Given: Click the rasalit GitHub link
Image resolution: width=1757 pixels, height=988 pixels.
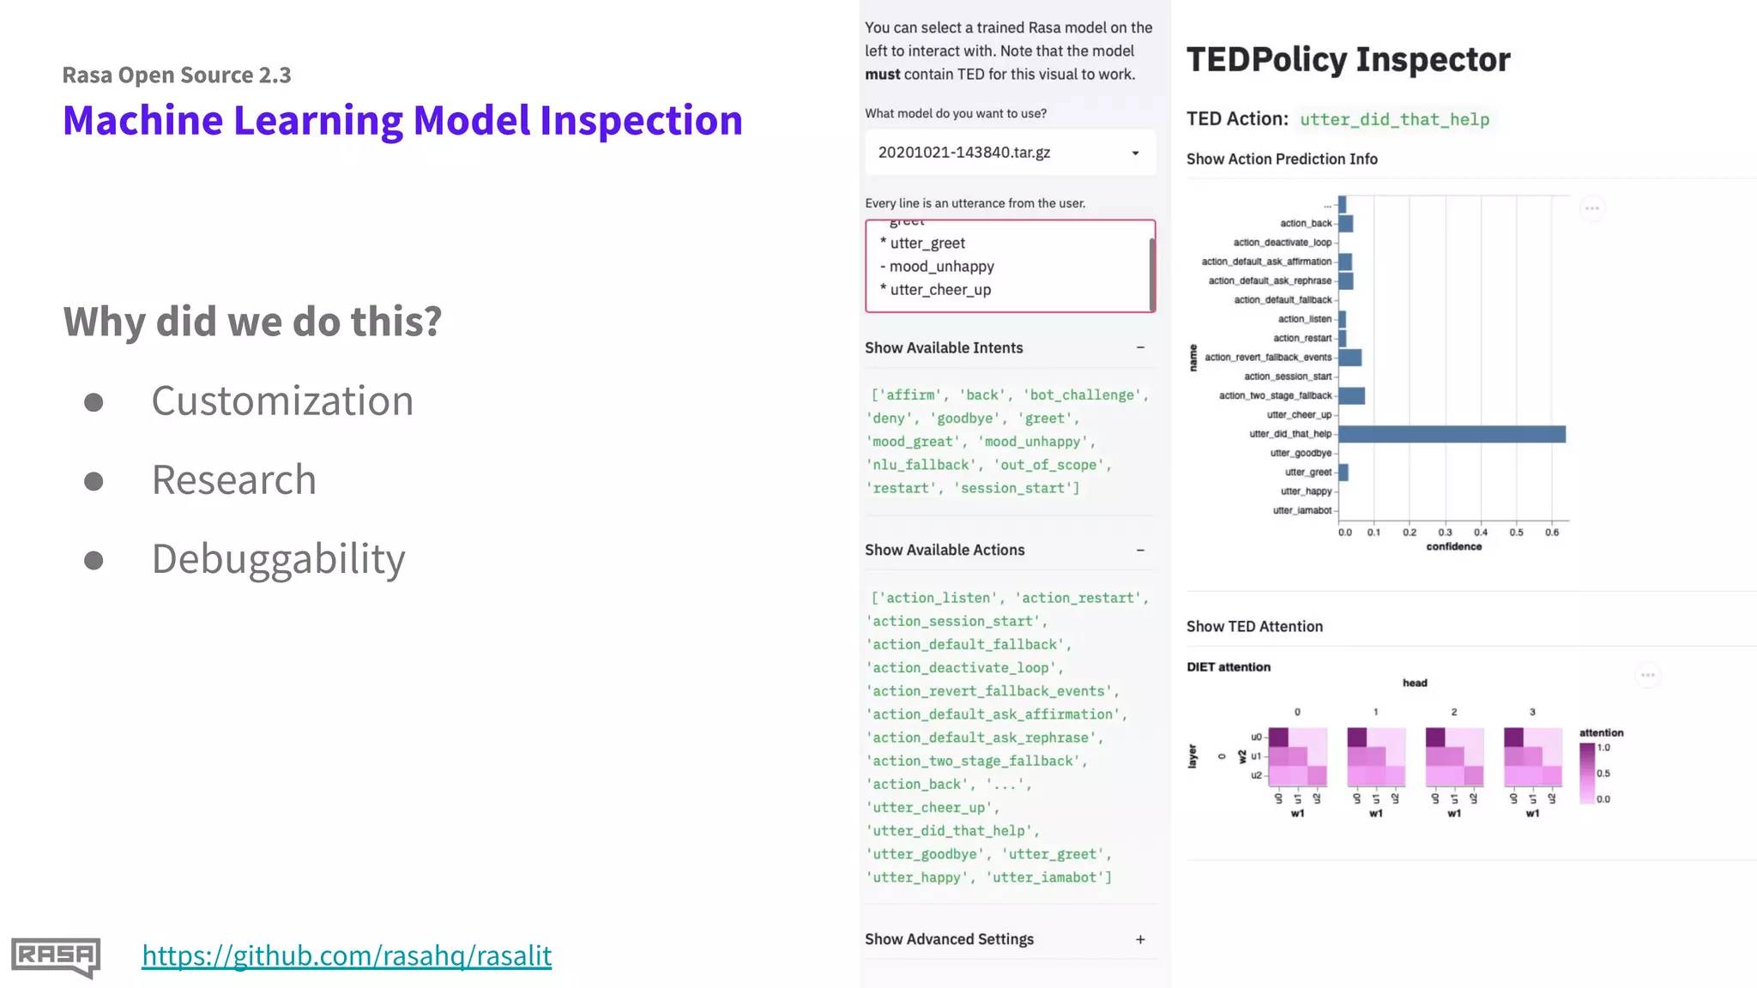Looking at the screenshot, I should pos(347,955).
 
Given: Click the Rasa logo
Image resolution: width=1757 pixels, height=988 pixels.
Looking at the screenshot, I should pos(56,956).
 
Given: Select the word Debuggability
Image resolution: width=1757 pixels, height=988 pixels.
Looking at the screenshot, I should pos(278,559).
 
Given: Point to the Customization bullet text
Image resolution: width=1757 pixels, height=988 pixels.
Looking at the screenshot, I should pos(282,401).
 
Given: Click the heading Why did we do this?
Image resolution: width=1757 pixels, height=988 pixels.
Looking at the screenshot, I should pos(252,322).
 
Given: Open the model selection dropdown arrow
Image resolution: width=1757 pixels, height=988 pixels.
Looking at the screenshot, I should pos(1135,154).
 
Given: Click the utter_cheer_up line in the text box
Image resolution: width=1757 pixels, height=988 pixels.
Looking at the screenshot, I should pos(939,290).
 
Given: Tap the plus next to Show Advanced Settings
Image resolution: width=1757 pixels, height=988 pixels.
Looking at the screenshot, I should pos(1140,940).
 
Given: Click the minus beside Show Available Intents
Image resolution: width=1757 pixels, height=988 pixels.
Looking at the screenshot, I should pos(1140,348).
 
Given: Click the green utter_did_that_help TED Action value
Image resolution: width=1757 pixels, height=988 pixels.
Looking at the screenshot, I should pos(1394,120).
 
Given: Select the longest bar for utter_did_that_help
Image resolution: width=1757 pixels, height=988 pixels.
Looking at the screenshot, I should pos(1452,434).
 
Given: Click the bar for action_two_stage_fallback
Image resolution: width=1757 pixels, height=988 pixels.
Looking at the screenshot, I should pos(1351,396).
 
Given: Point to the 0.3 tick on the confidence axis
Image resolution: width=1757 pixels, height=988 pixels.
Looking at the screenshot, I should pos(1445,533).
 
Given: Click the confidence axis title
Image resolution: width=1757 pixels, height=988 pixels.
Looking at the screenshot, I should pos(1453,547).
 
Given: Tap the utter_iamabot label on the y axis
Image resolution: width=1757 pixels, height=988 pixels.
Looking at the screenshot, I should pos(1301,510).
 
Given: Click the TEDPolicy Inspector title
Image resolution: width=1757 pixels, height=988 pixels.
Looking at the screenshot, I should pos(1348,60).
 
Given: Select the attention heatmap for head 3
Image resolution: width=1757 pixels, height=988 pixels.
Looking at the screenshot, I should pos(1532,757).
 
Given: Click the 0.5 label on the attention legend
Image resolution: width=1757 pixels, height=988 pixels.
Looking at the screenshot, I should pos(1603,774).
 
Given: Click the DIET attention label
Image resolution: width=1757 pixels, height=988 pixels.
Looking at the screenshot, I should pos(1229,667).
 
